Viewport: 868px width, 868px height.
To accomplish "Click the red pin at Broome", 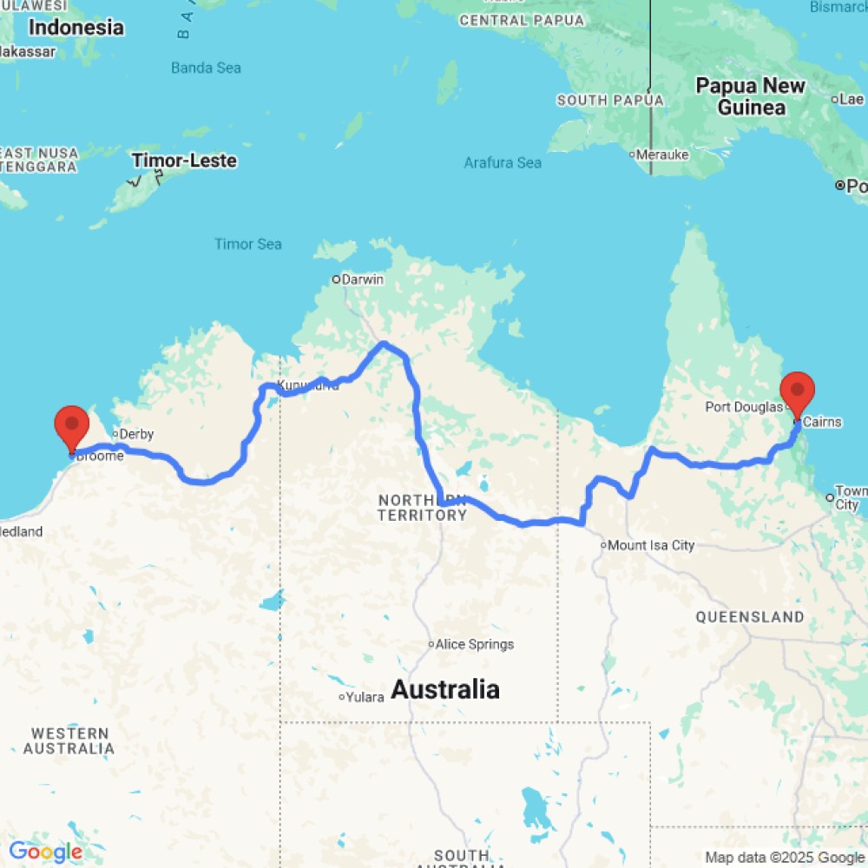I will point(71,426).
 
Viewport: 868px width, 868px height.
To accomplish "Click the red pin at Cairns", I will point(797,392).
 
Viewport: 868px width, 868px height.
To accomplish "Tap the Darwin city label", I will point(362,279).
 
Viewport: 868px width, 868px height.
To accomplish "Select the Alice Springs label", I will point(474,644).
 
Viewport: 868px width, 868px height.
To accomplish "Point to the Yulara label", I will point(365,697).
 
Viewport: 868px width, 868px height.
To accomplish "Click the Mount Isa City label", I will point(651,545).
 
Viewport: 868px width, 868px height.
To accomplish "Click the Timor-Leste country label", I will point(184,161).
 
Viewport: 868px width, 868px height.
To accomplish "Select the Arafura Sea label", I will point(503,162).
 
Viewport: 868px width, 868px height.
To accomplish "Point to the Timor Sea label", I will point(248,244).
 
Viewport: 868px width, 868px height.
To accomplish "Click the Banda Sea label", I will point(206,68).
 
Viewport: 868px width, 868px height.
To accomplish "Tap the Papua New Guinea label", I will point(751,96).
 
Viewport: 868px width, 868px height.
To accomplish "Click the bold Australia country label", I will point(445,690).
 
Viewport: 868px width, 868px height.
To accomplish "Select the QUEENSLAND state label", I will point(750,616).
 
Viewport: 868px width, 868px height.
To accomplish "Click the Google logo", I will point(45,852).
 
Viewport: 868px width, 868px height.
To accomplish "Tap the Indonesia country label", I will point(76,27).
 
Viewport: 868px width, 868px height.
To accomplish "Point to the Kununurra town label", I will point(307,385).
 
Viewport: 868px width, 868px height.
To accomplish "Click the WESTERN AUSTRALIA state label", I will point(69,740).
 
